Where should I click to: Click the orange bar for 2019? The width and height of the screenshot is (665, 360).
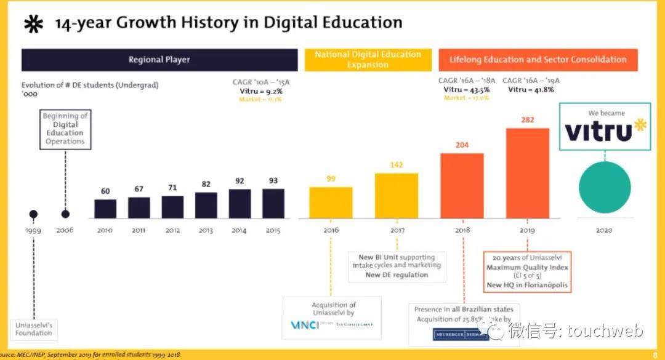(x=527, y=173)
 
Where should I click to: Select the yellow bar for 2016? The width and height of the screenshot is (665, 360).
(x=331, y=202)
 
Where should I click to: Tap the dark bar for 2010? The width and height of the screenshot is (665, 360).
(x=105, y=209)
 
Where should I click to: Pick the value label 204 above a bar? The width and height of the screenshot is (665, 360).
(x=462, y=145)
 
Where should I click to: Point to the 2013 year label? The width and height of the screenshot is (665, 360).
(x=206, y=230)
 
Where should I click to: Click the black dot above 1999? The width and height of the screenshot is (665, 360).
(x=33, y=214)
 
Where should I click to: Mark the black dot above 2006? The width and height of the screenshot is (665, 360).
(x=65, y=214)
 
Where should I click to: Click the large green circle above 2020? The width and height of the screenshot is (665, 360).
(x=604, y=188)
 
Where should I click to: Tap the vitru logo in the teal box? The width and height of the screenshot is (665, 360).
(x=604, y=130)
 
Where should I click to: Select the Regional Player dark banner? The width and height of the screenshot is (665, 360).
(x=159, y=60)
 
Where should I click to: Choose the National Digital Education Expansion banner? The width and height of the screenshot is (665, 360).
(x=368, y=60)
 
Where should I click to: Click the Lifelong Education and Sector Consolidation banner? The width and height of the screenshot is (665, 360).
(x=538, y=60)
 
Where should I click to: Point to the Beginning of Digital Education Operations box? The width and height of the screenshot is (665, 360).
(x=65, y=129)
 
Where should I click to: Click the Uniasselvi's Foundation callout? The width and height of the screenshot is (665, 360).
(x=34, y=329)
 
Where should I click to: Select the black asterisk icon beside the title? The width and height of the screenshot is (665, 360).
(x=33, y=24)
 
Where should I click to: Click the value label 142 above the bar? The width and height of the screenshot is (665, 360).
(x=396, y=165)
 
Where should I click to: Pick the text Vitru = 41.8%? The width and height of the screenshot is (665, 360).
(x=530, y=90)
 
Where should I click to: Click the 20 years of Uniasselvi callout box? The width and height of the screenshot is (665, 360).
(x=527, y=271)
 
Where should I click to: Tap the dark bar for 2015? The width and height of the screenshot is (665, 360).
(x=273, y=203)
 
